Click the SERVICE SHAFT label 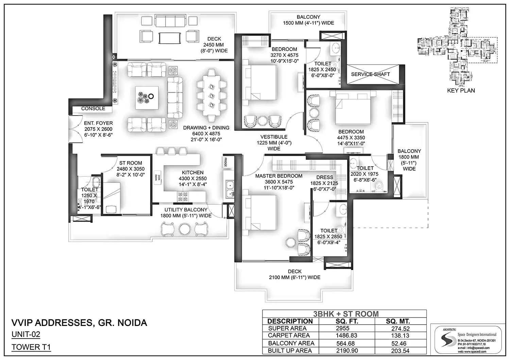coord(370,74)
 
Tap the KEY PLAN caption coord(461,90)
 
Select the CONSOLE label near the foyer coord(93,108)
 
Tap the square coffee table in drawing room coord(147,98)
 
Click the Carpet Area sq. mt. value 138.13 coord(400,336)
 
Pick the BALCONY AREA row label coord(291,343)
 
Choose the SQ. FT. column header coord(346,321)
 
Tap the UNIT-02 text coord(26,335)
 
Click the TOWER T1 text coord(31,347)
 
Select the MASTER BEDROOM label coord(278,176)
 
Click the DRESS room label coord(324,177)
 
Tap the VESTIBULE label coord(274,137)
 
